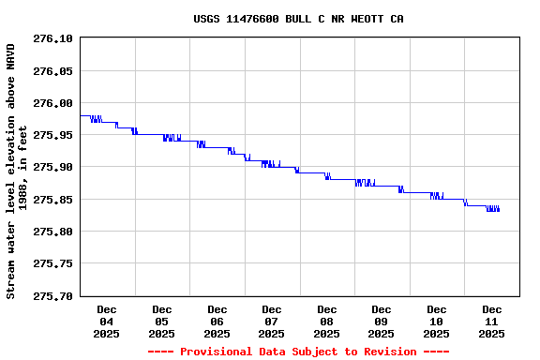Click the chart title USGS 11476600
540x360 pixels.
298,19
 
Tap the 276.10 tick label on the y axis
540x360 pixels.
52,38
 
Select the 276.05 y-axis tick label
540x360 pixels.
52,70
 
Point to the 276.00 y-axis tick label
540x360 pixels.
52,103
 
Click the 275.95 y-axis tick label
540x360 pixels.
52,135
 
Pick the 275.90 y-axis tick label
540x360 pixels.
52,167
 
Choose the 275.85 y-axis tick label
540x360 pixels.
52,200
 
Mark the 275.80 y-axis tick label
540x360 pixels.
52,232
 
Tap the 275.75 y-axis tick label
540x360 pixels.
52,263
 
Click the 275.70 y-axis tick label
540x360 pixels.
52,296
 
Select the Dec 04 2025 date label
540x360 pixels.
107,321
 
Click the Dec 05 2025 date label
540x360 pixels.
162,321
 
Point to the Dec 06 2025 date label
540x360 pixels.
217,321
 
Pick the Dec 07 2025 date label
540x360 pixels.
272,321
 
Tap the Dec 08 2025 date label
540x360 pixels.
327,321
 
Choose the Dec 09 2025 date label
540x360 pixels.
382,321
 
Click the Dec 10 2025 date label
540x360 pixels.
437,321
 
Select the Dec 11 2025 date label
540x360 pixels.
492,321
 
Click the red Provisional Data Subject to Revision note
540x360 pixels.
298,352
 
